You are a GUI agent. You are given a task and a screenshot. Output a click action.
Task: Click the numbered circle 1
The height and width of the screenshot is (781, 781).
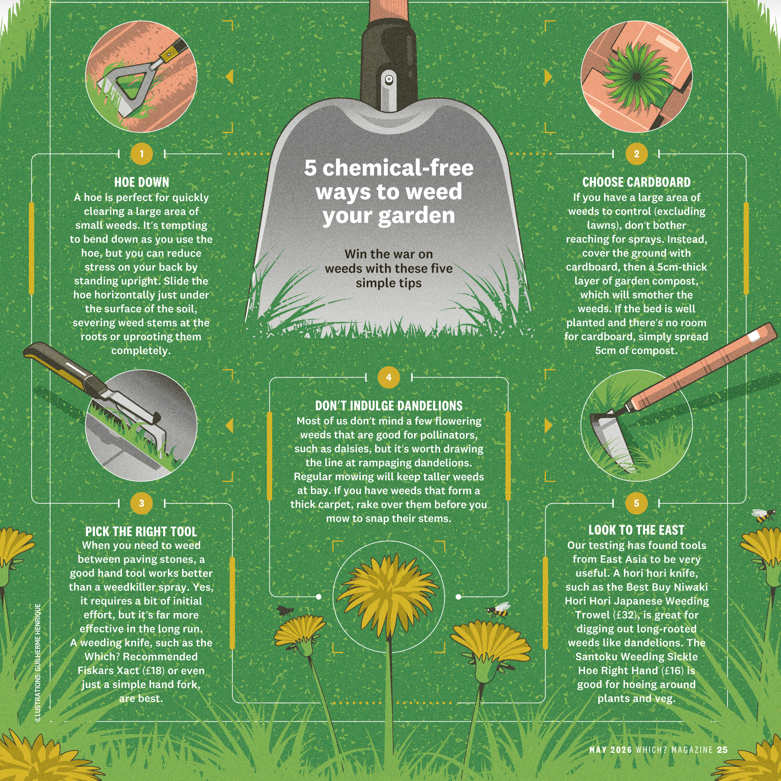pyautogui.click(x=141, y=154)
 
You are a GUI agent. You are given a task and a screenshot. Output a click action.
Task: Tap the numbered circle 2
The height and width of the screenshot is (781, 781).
pyautogui.click(x=636, y=154)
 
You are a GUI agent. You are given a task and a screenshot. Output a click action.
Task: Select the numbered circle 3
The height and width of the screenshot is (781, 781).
pyautogui.click(x=141, y=503)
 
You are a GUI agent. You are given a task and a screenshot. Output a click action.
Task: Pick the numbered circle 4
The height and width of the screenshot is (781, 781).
pyautogui.click(x=389, y=377)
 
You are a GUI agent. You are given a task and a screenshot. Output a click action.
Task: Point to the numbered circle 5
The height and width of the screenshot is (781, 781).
pyautogui.click(x=636, y=503)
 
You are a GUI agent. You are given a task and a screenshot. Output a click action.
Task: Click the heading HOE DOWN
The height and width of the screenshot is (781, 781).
pyautogui.click(x=141, y=182)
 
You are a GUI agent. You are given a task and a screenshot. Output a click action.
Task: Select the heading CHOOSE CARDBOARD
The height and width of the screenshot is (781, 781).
pyautogui.click(x=636, y=182)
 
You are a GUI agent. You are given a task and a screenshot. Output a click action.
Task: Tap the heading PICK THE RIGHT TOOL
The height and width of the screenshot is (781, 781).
pyautogui.click(x=141, y=531)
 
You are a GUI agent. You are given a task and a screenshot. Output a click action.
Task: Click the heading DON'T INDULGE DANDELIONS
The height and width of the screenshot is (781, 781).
pyautogui.click(x=389, y=406)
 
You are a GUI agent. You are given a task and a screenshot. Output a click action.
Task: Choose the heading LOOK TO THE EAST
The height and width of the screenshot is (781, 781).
pyautogui.click(x=636, y=530)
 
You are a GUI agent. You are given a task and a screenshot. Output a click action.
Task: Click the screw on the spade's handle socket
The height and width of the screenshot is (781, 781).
pyautogui.click(x=389, y=79)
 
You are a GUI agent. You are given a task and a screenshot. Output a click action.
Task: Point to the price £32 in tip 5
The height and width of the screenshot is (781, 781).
pyautogui.click(x=625, y=615)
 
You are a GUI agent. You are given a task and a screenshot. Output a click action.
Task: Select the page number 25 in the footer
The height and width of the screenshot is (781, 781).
pyautogui.click(x=722, y=750)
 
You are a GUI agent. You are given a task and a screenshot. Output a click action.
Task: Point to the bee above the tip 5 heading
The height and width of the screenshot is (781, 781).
pyautogui.click(x=763, y=515)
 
